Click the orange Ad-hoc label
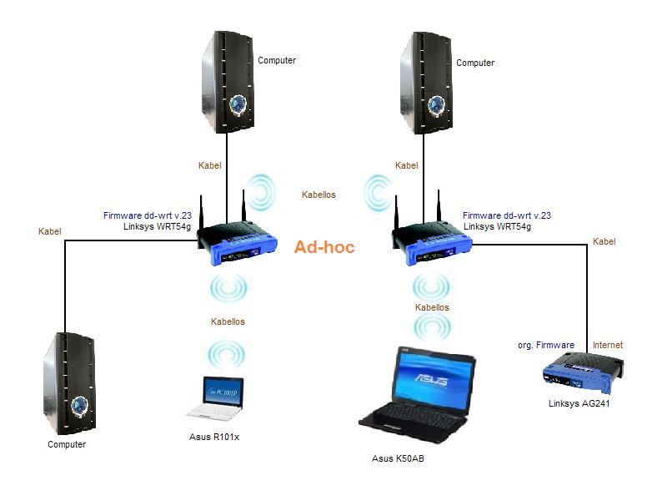pyautogui.click(x=324, y=247)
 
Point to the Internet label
pyautogui.click(x=607, y=345)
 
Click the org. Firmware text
pyautogui.click(x=545, y=345)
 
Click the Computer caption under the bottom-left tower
pyautogui.click(x=67, y=444)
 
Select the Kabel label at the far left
pyautogui.click(x=50, y=231)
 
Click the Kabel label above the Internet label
pyautogui.click(x=604, y=241)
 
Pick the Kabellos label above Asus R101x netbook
pyautogui.click(x=228, y=321)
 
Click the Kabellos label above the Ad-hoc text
pyautogui.click(x=318, y=195)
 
